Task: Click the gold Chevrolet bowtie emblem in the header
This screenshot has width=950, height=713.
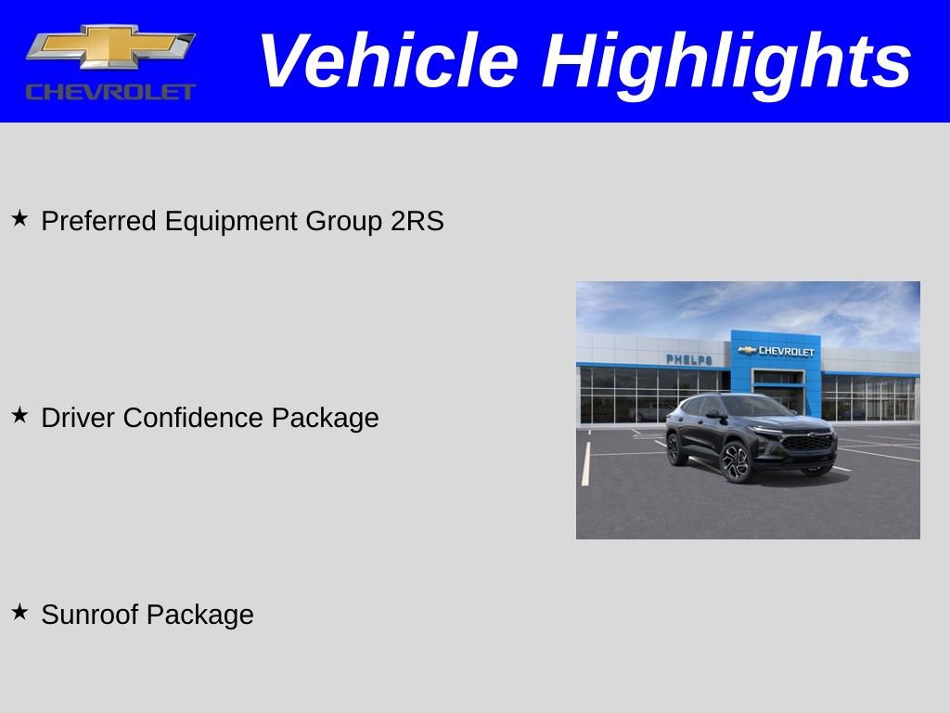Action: point(110,46)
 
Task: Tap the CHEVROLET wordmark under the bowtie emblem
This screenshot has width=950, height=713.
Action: point(110,92)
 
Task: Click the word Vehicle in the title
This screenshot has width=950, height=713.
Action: point(388,61)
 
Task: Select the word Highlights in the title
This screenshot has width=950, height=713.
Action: point(727,61)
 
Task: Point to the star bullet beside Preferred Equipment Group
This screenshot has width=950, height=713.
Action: point(19,219)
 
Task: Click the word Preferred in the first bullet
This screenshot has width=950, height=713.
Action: point(99,222)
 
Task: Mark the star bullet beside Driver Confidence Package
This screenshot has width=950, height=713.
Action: point(19,416)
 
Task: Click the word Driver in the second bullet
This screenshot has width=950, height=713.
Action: point(78,418)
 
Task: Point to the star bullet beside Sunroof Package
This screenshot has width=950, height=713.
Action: point(19,612)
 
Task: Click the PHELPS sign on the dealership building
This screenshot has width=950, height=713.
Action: point(689,359)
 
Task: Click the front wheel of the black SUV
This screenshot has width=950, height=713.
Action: point(738,461)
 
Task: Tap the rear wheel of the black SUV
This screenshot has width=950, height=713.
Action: point(677,448)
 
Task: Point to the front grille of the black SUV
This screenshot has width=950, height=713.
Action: point(809,443)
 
